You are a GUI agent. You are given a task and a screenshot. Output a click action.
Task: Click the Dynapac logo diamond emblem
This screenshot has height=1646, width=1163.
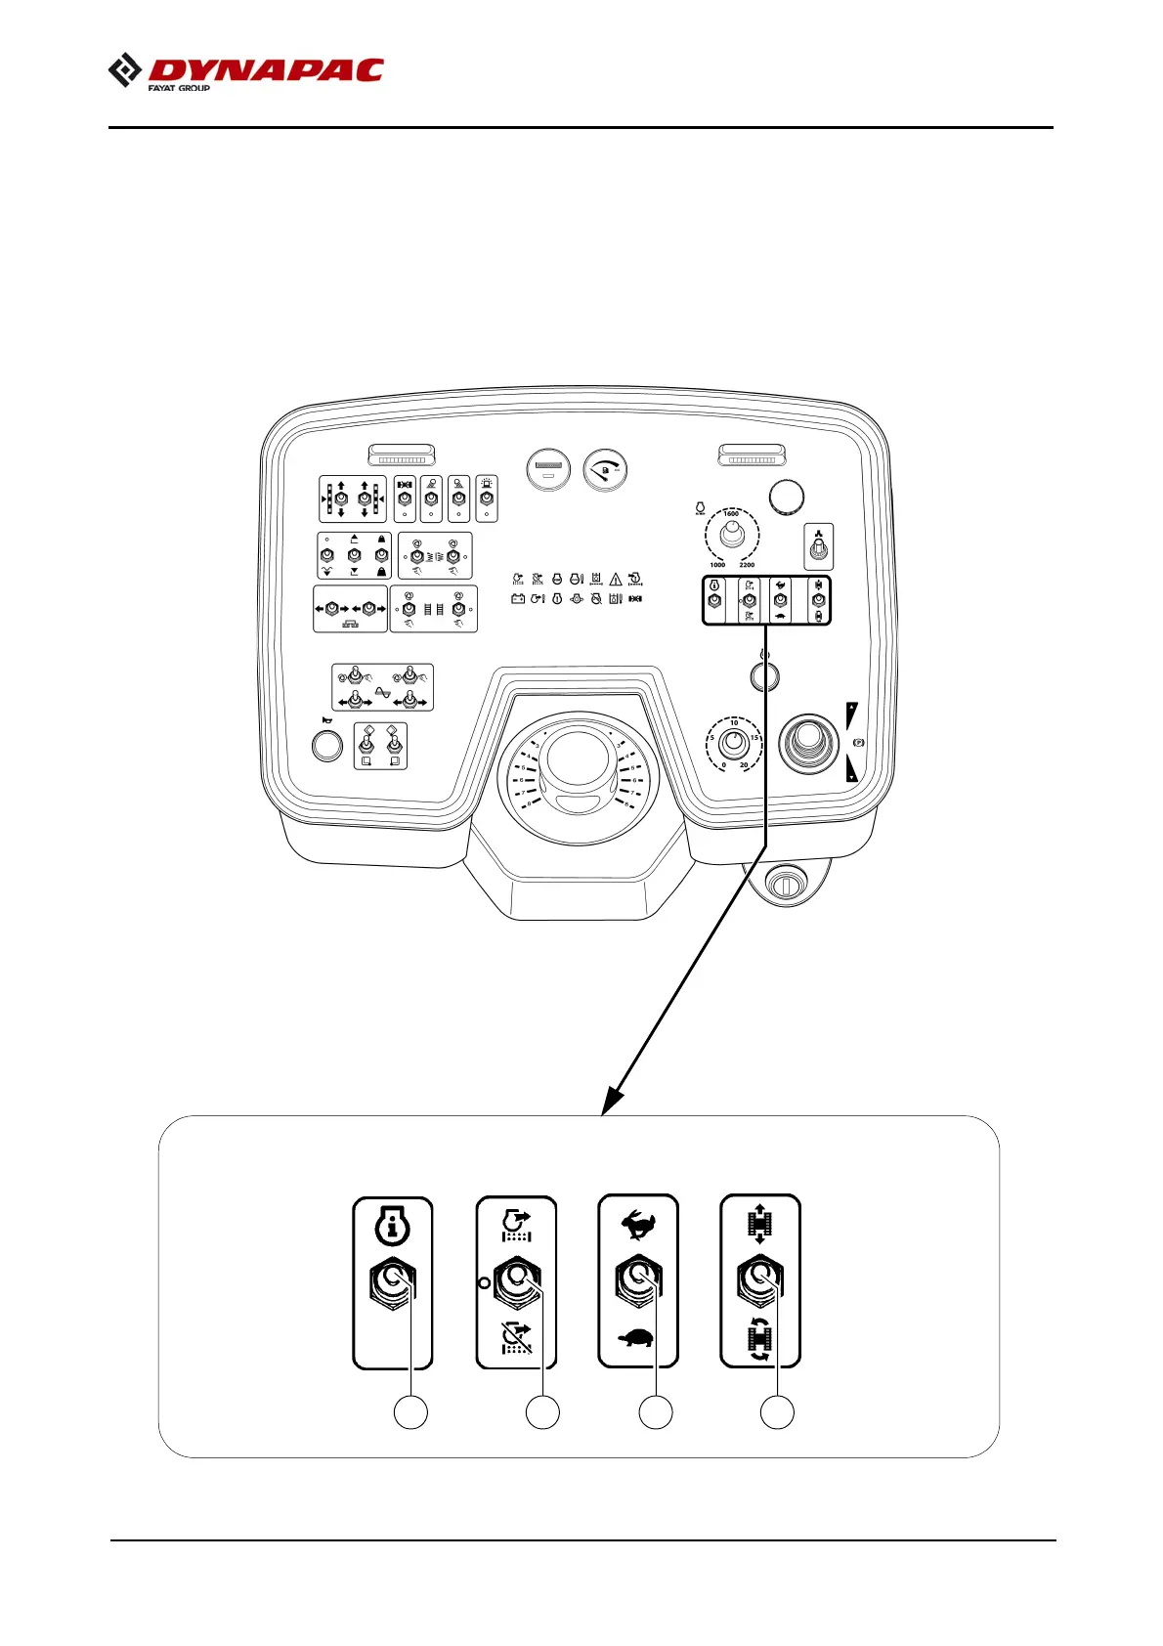pos(125,71)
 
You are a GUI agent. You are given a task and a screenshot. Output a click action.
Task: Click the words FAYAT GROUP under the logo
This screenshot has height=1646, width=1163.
pos(179,88)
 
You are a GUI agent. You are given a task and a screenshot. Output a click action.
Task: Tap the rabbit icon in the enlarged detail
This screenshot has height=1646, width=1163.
pos(637,1224)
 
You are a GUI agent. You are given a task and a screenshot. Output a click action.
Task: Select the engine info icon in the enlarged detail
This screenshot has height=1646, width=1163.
pos(392,1226)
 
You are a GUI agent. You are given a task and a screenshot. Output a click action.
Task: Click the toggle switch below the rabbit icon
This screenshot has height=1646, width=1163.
pos(637,1279)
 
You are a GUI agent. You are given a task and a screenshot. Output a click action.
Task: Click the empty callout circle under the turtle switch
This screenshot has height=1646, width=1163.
pos(656,1412)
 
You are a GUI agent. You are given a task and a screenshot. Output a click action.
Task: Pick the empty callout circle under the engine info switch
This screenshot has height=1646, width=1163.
pos(410,1412)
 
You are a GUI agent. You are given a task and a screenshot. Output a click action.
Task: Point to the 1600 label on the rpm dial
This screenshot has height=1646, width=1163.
pos(731,514)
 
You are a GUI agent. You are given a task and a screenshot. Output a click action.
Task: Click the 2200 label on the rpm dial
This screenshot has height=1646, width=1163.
pos(747,565)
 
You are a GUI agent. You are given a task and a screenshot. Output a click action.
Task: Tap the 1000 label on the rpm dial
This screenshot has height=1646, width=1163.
pos(717,565)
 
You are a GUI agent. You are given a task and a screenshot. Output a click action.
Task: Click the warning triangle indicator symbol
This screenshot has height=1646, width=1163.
pos(616,580)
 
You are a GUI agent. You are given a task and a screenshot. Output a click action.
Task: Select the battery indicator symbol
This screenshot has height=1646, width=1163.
pos(518,599)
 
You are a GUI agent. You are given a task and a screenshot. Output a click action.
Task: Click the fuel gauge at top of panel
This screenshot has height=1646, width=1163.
pos(605,470)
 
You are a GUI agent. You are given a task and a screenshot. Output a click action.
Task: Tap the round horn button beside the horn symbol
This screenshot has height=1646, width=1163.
pos(327,746)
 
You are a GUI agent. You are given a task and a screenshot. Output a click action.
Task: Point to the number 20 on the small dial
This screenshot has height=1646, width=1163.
pos(744,765)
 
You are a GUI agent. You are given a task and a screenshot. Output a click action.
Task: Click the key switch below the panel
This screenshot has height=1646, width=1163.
pos(784,885)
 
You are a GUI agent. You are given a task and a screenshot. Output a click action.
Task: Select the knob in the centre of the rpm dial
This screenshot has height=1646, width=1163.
pos(732,535)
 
